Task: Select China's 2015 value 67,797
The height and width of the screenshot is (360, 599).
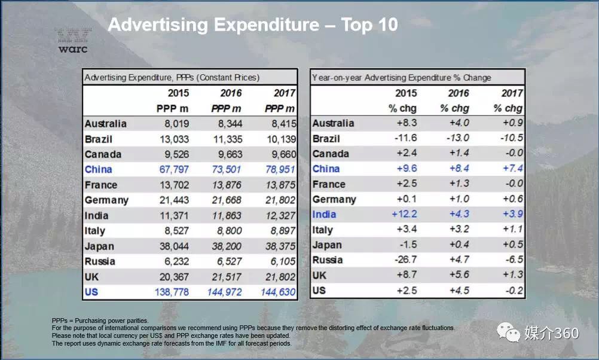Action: click(x=173, y=170)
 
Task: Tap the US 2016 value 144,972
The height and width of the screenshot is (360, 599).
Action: click(x=225, y=292)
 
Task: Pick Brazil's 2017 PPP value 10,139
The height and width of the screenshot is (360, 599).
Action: click(x=278, y=139)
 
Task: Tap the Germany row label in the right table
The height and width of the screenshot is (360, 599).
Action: click(x=334, y=200)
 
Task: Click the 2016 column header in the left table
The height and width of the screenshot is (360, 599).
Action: click(x=230, y=93)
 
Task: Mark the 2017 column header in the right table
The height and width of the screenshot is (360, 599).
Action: click(x=512, y=93)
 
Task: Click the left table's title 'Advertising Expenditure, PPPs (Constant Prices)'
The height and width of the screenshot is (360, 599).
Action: click(x=172, y=78)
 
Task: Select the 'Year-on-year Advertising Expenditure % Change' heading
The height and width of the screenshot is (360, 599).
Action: click(x=402, y=78)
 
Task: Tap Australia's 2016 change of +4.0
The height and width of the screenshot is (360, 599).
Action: click(x=459, y=123)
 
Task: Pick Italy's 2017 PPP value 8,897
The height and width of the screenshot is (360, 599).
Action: click(x=280, y=231)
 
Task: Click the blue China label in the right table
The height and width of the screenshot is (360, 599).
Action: click(x=326, y=169)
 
